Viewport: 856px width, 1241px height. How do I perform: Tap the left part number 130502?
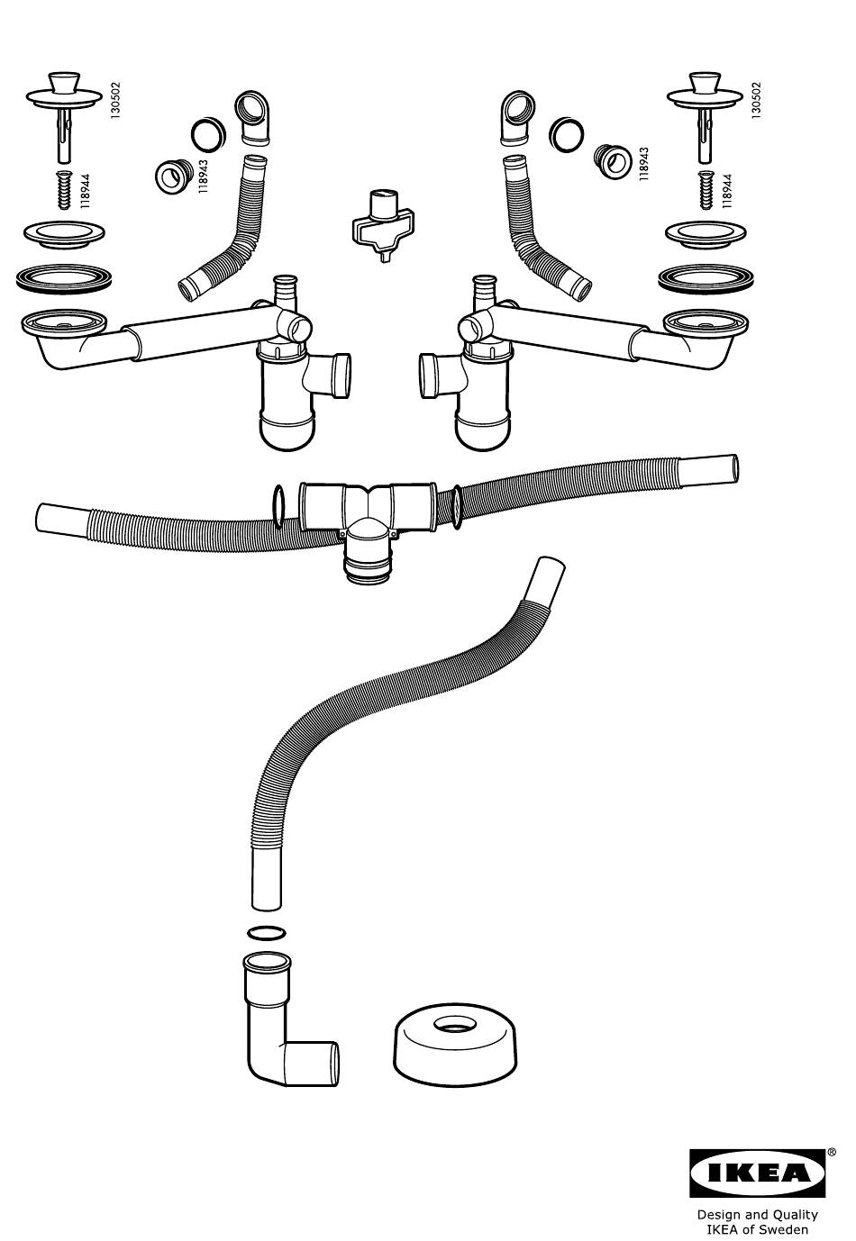[x=115, y=101]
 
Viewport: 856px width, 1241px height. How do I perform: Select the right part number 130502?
[x=756, y=101]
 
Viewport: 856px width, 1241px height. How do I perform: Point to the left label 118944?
[x=85, y=191]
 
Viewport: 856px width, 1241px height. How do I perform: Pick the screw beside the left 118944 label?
[x=64, y=190]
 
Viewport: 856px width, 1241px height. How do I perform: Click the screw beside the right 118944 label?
[x=706, y=190]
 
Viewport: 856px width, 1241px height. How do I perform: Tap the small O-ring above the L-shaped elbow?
[x=267, y=932]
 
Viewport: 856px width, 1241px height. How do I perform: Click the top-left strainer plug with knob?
[x=64, y=115]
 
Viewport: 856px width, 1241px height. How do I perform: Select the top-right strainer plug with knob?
[x=705, y=115]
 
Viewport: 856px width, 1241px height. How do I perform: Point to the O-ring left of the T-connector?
[x=279, y=504]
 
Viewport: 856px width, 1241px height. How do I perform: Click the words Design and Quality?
[x=757, y=1214]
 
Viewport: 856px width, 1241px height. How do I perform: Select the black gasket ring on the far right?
[x=706, y=277]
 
